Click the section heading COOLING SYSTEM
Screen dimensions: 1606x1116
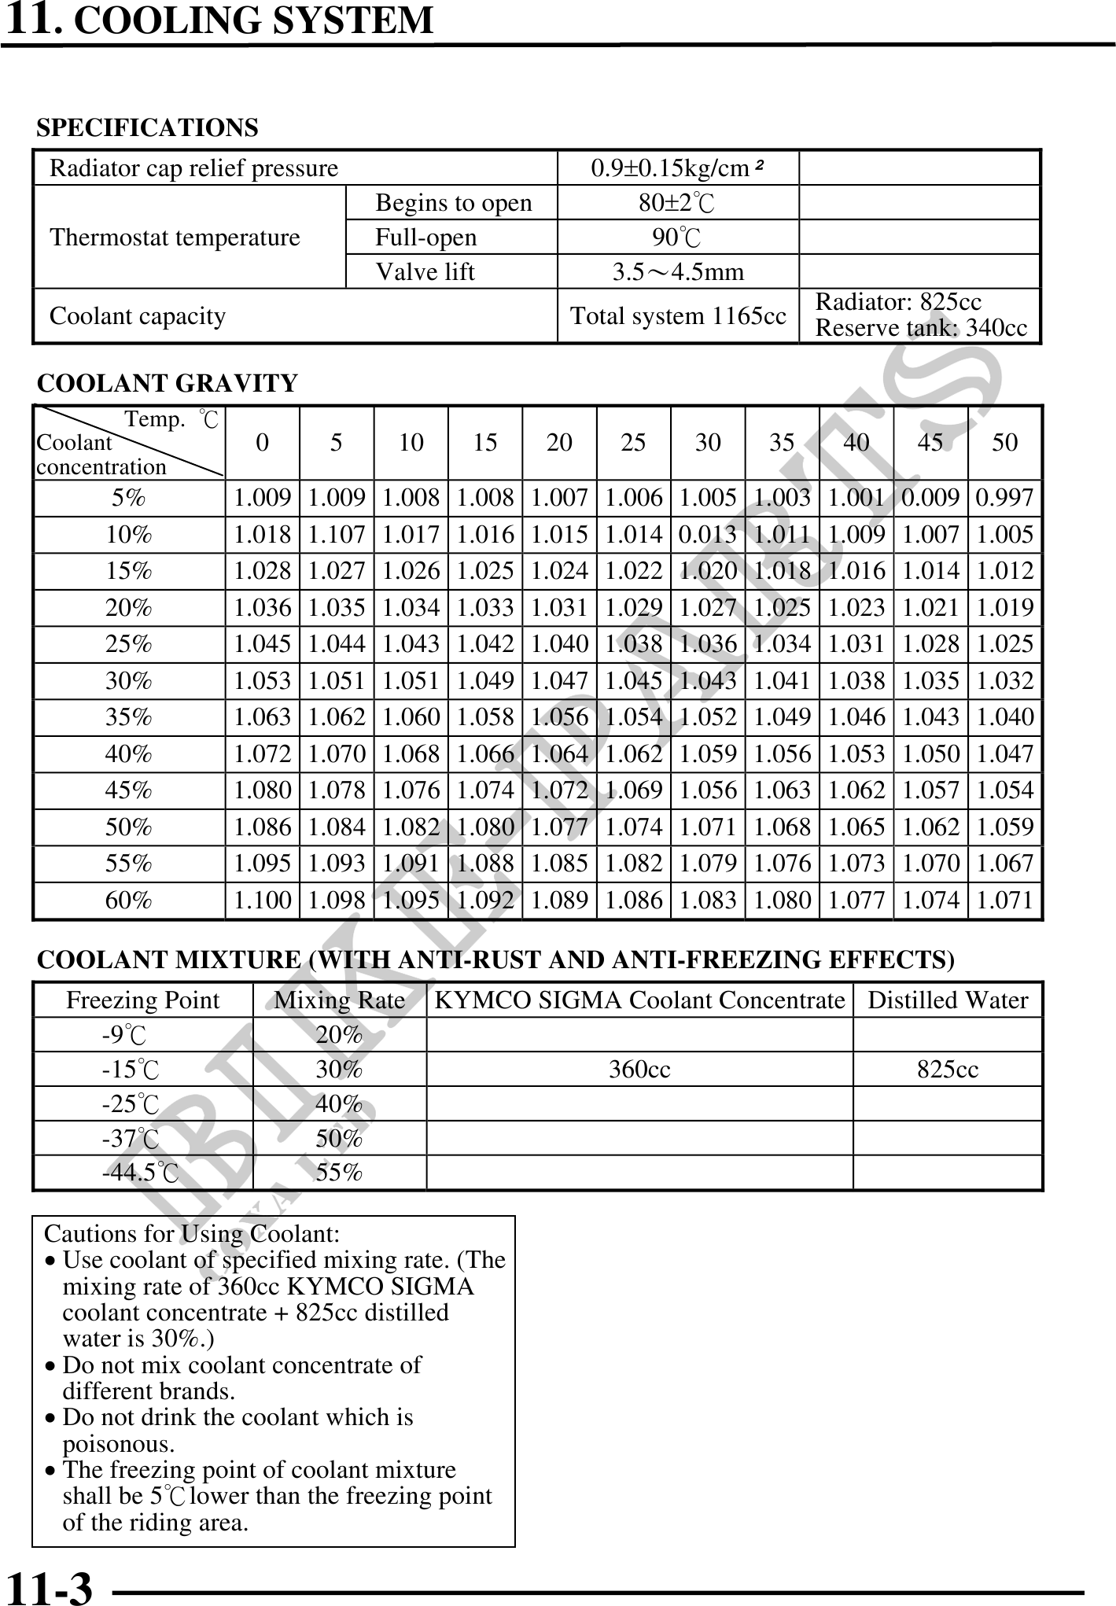[252, 20]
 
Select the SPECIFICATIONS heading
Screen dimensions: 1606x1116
[148, 127]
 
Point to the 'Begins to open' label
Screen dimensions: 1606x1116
[453, 203]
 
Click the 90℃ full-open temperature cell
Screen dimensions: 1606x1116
[677, 237]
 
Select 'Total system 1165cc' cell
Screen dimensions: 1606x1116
[678, 316]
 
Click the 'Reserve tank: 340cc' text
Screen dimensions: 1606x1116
[921, 328]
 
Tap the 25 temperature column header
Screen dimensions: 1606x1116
[633, 443]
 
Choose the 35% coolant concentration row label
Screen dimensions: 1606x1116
[129, 717]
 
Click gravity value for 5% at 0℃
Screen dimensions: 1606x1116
[263, 498]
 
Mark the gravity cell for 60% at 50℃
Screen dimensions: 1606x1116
[1005, 900]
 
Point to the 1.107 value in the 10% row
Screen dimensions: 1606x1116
[337, 535]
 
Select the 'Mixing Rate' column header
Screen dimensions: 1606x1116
[339, 1000]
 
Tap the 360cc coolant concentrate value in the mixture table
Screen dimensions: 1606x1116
[639, 1070]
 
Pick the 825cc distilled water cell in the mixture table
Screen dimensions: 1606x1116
[948, 1070]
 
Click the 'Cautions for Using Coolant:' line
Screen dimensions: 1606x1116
[192, 1234]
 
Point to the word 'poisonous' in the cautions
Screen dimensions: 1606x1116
[118, 1444]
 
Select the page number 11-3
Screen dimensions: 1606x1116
[49, 1587]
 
